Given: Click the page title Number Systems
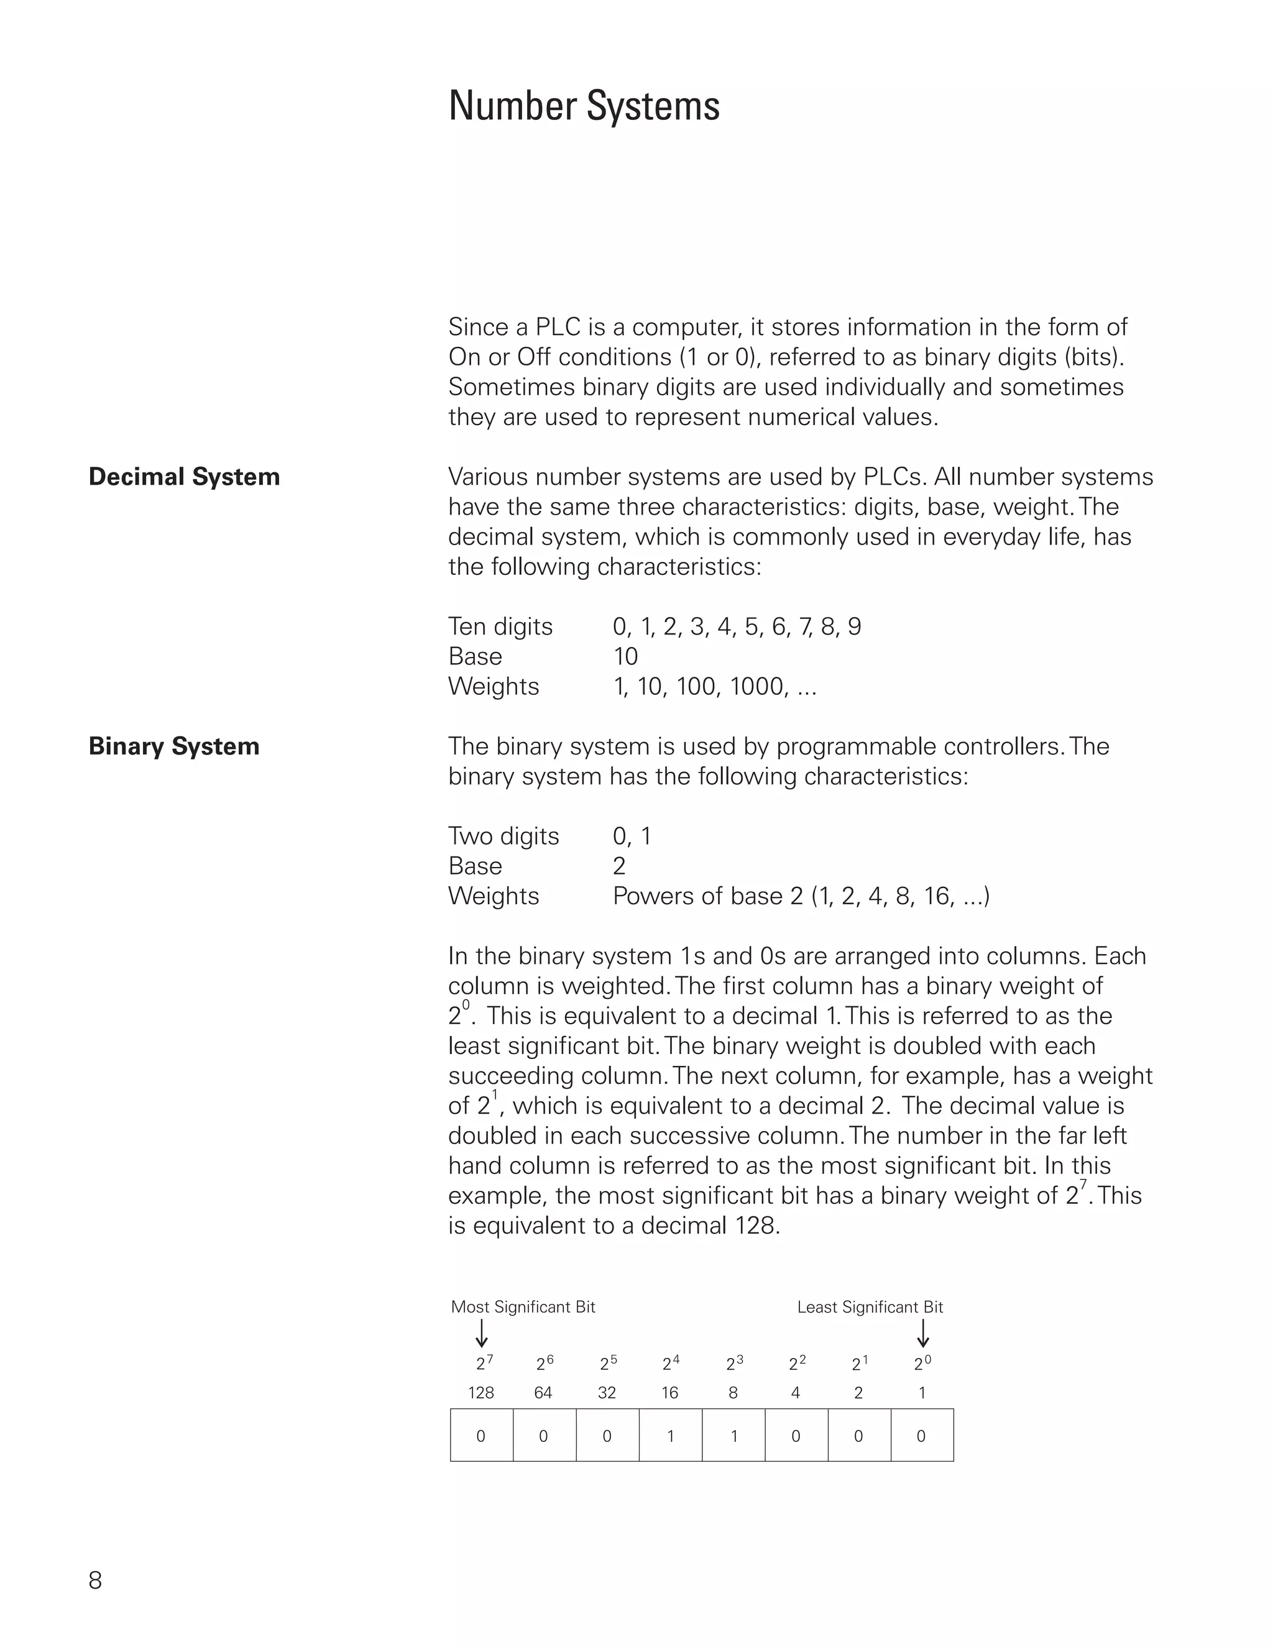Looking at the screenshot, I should point(584,106).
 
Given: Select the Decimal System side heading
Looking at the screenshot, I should point(184,477).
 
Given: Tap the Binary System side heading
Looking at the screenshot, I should point(173,746).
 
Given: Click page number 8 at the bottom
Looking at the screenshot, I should point(95,1580).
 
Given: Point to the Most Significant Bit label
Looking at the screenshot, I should point(523,1307).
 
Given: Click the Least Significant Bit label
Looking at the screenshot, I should point(870,1307).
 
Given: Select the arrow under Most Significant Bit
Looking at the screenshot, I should point(482,1333).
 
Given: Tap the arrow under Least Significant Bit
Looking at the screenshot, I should point(923,1333).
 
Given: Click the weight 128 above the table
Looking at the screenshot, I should point(481,1393).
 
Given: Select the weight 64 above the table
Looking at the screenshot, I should point(543,1393).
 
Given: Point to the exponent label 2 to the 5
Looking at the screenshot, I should point(608,1364).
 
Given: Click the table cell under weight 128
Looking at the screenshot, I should point(481,1436).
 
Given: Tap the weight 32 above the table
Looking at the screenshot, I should point(607,1393).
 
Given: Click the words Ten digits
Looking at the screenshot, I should point(500,626).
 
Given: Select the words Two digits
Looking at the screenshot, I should point(503,837).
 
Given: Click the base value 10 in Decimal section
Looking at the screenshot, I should point(625,657).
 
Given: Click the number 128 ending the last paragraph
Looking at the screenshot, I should point(755,1226).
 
